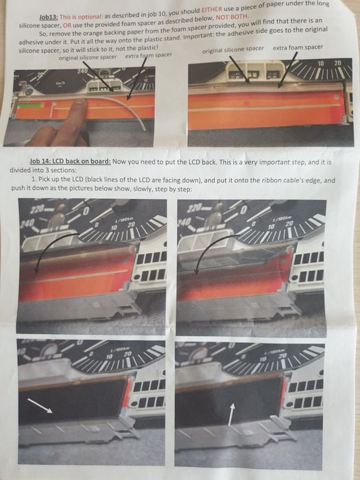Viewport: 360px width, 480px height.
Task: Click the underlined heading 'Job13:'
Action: tap(49, 17)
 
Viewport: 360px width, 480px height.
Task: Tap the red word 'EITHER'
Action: tap(211, 10)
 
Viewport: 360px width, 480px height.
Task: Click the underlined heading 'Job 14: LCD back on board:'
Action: tap(70, 161)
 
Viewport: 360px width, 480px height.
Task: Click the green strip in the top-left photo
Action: tap(30, 106)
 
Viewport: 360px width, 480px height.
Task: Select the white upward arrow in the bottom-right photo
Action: tap(231, 414)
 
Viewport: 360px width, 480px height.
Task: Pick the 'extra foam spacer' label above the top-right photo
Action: tap(298, 47)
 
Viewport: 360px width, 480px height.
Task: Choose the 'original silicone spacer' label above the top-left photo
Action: tap(88, 57)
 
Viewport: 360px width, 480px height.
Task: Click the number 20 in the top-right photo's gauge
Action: tap(337, 63)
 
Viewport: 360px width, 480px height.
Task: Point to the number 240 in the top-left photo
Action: tap(82, 71)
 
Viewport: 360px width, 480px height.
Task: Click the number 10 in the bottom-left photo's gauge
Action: tap(109, 357)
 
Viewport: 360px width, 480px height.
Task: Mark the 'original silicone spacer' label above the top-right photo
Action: tap(232, 49)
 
